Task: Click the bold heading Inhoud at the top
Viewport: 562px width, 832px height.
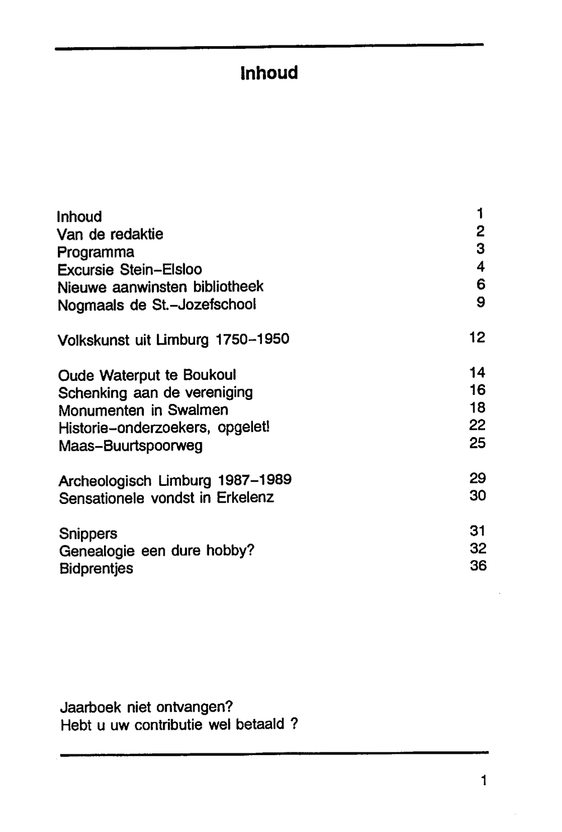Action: tap(269, 73)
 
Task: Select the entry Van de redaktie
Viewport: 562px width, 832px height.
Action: tap(110, 234)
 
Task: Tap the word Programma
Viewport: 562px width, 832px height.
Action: tap(96, 252)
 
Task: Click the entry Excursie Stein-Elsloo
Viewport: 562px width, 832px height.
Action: tap(129, 270)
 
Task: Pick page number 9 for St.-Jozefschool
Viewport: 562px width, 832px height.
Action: tap(480, 302)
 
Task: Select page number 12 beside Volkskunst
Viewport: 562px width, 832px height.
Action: tap(477, 338)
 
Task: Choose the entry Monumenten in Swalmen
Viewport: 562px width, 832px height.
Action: tap(143, 410)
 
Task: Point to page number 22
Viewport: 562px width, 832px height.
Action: tap(477, 425)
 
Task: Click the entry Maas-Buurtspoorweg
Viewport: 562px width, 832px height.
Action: tap(130, 446)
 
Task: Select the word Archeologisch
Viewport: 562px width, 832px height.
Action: tap(105, 481)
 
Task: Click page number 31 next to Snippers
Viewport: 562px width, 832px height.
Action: tap(477, 531)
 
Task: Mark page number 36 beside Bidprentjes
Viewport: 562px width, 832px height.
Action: tap(478, 566)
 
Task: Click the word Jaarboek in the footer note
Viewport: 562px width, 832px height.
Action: tap(90, 707)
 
